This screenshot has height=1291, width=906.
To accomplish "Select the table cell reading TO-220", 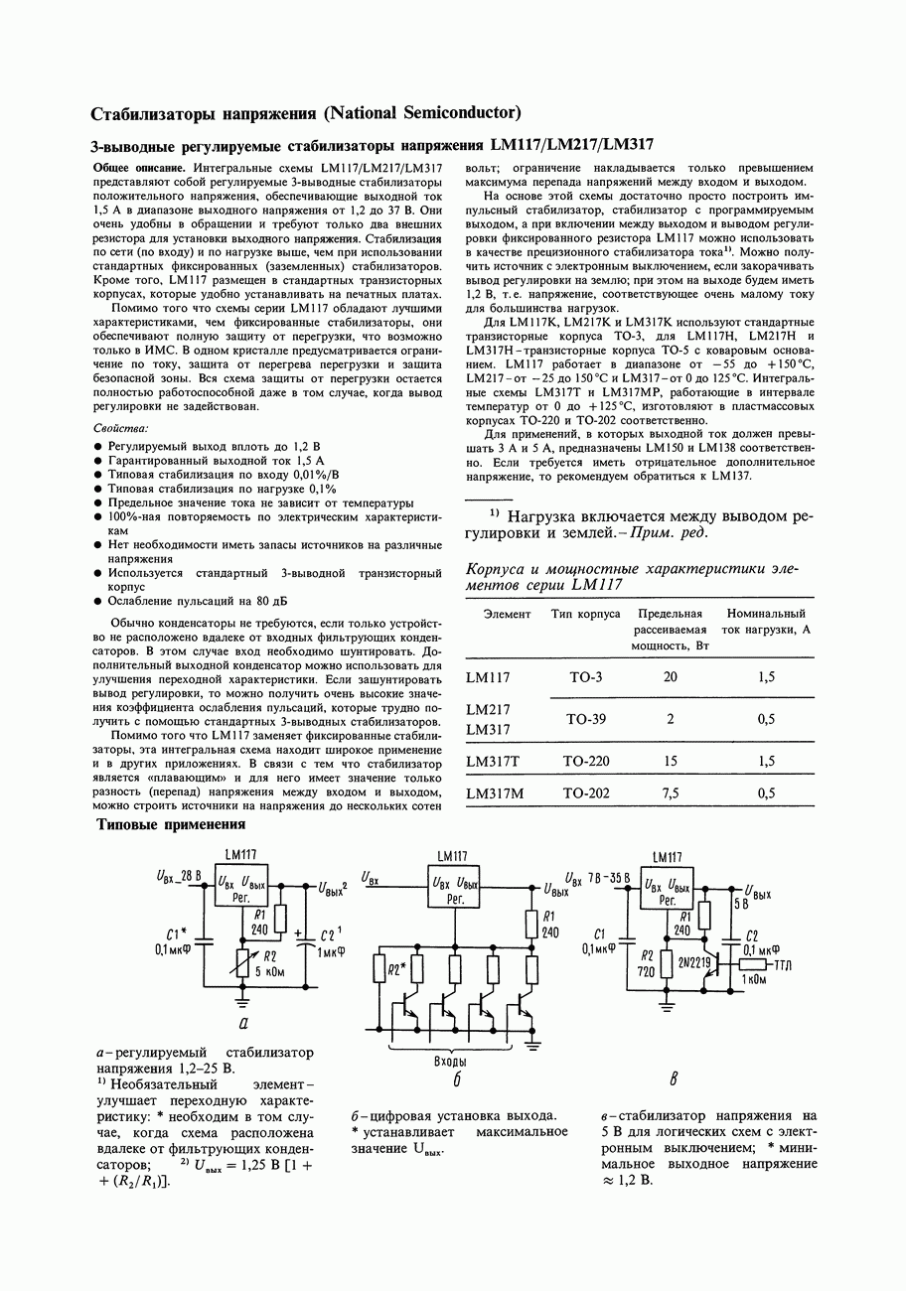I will (586, 762).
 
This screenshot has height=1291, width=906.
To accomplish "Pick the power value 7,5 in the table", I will (670, 793).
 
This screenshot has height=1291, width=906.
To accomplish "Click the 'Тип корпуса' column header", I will (586, 615).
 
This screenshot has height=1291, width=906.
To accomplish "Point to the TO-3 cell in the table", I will (586, 677).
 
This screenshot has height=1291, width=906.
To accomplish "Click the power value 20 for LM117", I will (670, 677).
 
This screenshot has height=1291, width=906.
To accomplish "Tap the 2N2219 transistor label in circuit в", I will (695, 962).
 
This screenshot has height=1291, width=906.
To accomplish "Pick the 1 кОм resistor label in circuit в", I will (758, 978).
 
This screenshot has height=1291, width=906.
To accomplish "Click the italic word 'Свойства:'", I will (120, 428).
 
